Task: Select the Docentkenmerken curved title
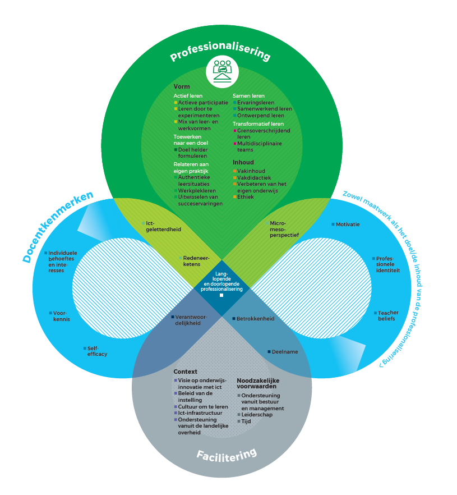(x=58, y=227)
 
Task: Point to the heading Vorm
(x=181, y=87)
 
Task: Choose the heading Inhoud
(x=243, y=163)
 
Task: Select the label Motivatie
(x=348, y=224)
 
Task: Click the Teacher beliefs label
(x=386, y=315)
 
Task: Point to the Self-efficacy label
(x=96, y=351)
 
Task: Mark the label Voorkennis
(x=61, y=316)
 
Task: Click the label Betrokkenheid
(x=255, y=318)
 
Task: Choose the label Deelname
(x=284, y=352)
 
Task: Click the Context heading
(x=185, y=372)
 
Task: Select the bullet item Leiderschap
(x=257, y=415)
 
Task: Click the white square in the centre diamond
(x=221, y=295)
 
